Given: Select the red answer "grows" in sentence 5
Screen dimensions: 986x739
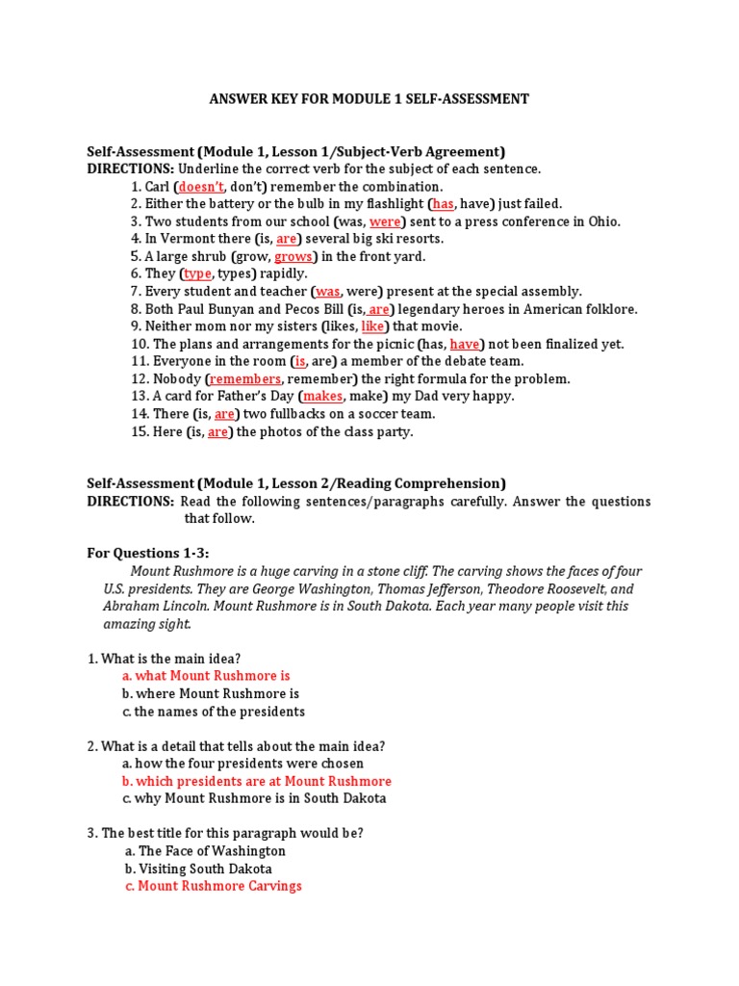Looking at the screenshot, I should pos(293,257).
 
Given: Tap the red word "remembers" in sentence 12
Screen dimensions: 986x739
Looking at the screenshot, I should pos(245,379).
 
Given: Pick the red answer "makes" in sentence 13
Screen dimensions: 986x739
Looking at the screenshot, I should pos(322,397).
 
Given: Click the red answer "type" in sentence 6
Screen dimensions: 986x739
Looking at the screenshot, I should pos(197,274).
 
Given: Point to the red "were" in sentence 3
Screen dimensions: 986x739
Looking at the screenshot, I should pos(384,221).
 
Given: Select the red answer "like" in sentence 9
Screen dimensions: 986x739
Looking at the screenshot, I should pos(371,326).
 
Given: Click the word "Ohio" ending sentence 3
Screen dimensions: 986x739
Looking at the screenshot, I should pos(604,221).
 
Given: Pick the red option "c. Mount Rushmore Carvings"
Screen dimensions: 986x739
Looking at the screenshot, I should pos(213,886).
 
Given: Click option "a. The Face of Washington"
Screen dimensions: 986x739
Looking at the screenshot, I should pos(205,851).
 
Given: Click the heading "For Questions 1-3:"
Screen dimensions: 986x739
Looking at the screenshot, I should pos(147,553).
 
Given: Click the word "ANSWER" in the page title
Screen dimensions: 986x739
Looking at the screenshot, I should pos(241,99).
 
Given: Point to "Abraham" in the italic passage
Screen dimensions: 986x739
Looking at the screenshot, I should pos(129,607).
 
